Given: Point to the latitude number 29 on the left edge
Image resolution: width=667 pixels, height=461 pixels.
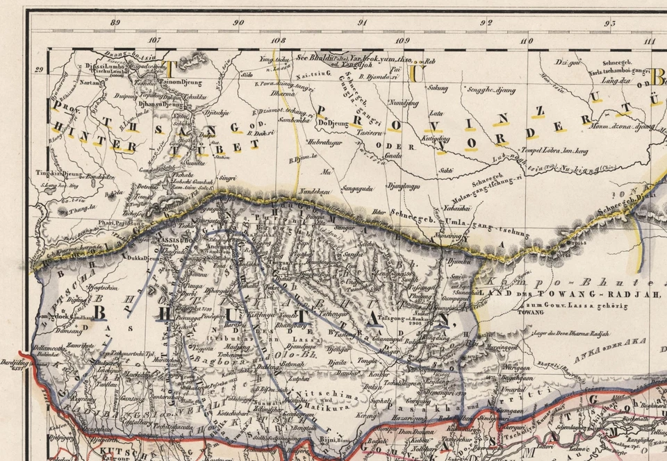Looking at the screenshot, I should click(x=39, y=69).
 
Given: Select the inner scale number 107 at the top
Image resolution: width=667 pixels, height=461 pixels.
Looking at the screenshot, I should click(x=154, y=40).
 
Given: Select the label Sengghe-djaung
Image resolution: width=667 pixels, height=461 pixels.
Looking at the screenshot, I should click(x=492, y=90).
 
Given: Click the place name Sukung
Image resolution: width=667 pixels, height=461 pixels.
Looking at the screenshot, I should click(x=438, y=88).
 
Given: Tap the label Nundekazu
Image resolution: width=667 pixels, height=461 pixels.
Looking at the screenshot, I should click(x=313, y=191).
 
